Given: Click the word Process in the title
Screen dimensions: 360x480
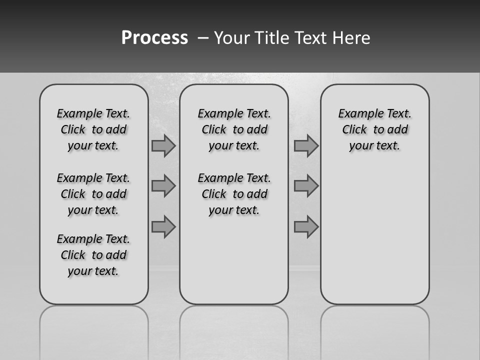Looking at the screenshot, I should point(154,38).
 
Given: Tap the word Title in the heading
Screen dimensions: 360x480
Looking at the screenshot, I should point(270,38).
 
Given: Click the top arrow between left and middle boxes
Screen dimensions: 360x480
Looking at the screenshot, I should point(163,145).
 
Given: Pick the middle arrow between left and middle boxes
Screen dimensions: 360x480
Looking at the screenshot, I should point(163,186).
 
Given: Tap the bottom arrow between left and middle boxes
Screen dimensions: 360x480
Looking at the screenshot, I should point(163,226).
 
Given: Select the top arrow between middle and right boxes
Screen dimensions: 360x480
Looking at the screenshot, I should point(306,145).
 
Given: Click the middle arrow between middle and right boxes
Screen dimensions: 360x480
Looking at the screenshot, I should point(306,186).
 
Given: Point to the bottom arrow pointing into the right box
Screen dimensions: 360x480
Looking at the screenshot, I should point(306,226).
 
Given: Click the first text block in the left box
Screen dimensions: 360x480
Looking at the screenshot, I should point(93,129).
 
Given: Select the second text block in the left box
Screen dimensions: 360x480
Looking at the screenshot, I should point(93,194).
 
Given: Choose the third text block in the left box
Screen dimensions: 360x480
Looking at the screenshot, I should point(93,255).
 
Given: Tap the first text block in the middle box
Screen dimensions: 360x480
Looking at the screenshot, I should point(234,129).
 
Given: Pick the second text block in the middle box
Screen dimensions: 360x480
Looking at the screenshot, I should point(234,194).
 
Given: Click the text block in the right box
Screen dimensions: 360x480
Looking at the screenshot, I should point(375,129).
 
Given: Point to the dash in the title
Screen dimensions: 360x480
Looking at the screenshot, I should point(202,38).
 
